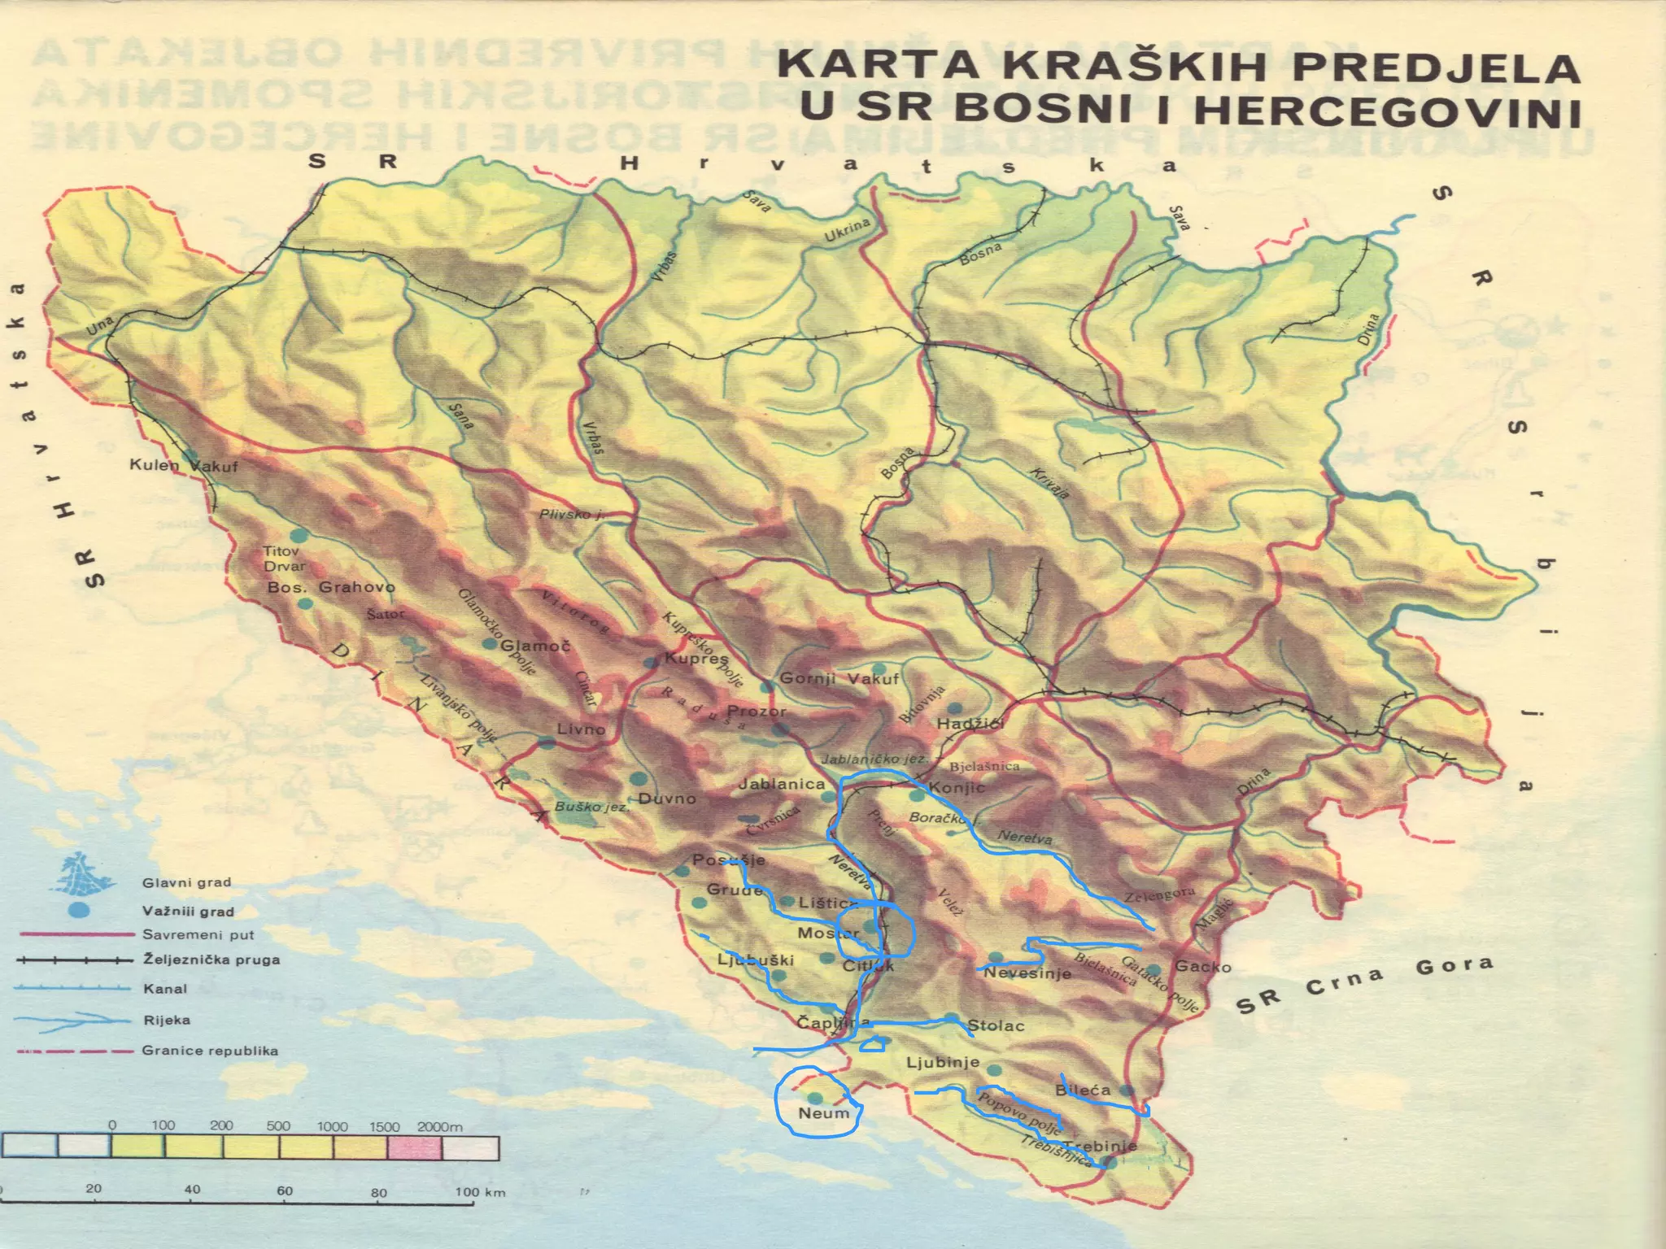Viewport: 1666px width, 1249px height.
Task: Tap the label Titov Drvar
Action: tap(284, 559)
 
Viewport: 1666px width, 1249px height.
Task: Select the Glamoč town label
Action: tap(534, 646)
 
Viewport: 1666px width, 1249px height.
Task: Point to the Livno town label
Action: tap(581, 729)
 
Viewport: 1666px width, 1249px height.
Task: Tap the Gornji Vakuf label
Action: tap(839, 679)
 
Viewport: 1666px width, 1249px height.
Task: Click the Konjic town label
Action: tap(956, 787)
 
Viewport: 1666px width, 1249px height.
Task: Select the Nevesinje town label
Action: tap(1027, 973)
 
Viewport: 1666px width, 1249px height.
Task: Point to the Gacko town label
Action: tap(1202, 966)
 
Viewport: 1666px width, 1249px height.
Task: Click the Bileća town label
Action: tap(1082, 1090)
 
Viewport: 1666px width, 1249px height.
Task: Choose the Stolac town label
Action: tap(996, 1026)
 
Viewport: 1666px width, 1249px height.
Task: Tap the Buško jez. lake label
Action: tap(591, 807)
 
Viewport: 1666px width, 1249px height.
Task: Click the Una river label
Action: tap(101, 326)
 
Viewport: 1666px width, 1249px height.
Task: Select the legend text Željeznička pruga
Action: tap(211, 960)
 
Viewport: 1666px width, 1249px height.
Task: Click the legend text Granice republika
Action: tap(210, 1051)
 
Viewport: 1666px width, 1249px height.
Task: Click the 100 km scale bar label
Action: tap(479, 1192)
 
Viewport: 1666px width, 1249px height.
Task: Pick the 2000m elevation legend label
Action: tap(439, 1126)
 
